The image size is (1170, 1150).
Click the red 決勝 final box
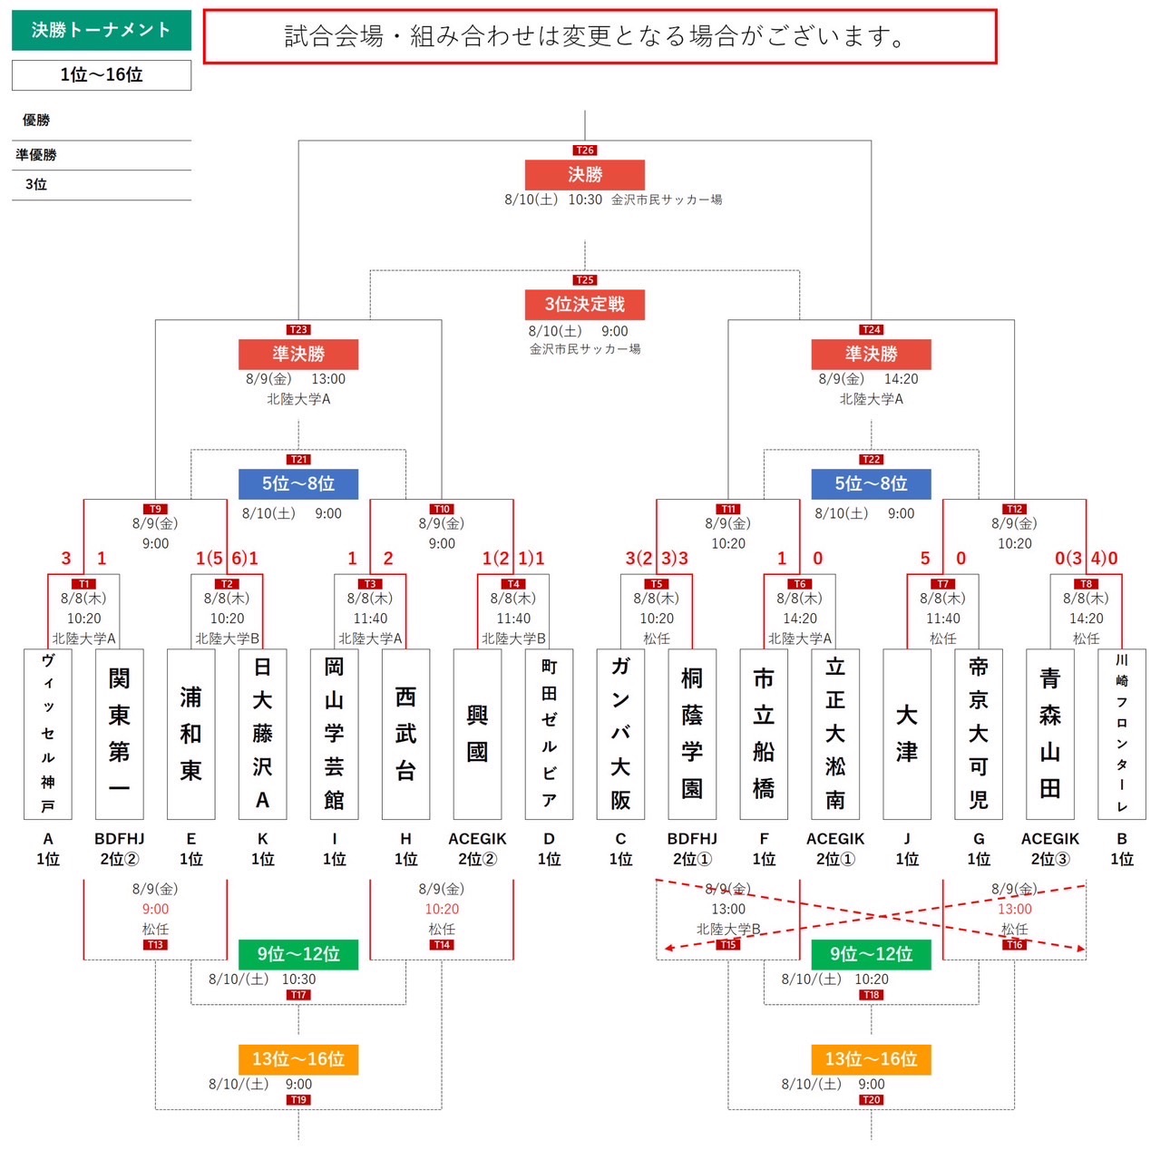(x=584, y=174)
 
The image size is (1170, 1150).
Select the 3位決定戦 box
(x=584, y=304)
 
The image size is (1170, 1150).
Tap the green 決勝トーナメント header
(x=102, y=30)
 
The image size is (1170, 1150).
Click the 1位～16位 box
(x=102, y=74)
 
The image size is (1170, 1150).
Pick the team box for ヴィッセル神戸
(x=48, y=734)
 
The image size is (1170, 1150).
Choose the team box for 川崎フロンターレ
(x=1121, y=734)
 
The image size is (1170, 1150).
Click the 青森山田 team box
(x=1049, y=734)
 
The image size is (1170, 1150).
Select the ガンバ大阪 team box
(x=619, y=734)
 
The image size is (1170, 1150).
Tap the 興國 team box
(x=477, y=734)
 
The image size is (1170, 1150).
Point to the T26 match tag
(x=585, y=150)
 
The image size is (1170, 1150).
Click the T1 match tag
(x=83, y=583)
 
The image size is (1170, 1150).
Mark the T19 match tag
(x=298, y=1099)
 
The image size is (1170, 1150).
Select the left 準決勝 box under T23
(x=298, y=354)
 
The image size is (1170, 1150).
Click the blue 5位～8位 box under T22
(x=871, y=484)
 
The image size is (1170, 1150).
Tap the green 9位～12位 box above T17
(x=298, y=954)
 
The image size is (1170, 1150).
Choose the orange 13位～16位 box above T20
(x=871, y=1059)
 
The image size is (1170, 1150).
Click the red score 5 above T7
(x=925, y=558)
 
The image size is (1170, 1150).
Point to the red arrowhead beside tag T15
(x=669, y=948)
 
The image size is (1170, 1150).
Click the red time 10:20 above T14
(x=442, y=909)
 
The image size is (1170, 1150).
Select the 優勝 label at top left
(x=36, y=120)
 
